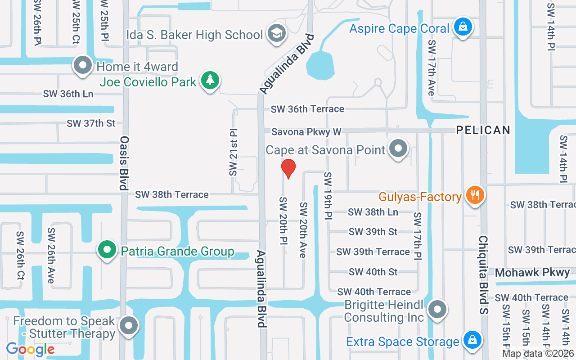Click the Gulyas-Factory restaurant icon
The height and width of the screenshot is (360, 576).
tap(474, 196)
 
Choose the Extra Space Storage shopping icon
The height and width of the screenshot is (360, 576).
tap(472, 340)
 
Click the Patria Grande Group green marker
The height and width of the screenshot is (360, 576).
tap(107, 250)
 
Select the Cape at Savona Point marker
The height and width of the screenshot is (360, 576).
tap(398, 148)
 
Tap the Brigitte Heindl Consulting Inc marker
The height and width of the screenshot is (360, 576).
tap(437, 310)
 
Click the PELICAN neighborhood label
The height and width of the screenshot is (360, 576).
tap(483, 130)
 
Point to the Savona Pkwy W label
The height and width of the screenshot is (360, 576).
tap(306, 132)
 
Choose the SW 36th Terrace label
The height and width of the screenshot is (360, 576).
tap(307, 109)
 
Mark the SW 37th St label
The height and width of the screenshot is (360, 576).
tap(91, 123)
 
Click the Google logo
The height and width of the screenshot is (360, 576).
tap(30, 349)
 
